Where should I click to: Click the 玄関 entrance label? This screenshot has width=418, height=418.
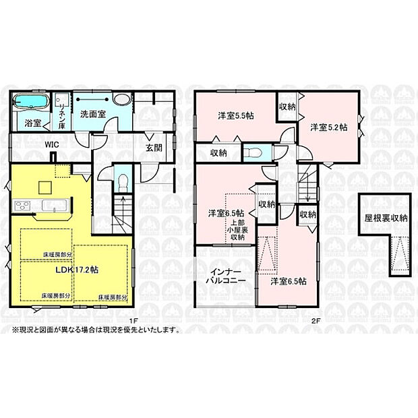coord(152,148)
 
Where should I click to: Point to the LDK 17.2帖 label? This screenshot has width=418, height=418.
coord(78,268)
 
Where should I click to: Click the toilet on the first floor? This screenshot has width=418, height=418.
coord(122,181)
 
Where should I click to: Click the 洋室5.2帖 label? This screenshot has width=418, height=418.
coord(328,126)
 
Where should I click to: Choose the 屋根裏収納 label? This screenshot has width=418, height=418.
coord(386,218)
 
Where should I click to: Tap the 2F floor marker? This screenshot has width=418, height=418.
coord(314,320)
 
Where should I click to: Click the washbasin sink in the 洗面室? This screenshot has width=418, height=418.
coord(123,100)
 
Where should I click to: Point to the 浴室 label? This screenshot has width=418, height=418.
coord(33,123)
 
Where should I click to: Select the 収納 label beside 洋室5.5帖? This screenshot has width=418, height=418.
coord(287,106)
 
